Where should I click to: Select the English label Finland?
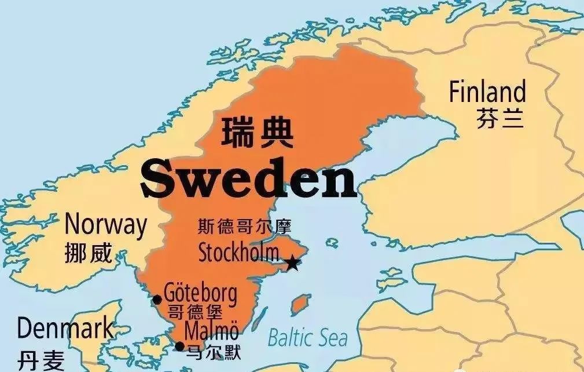coord(487,93)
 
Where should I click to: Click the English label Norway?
coord(105,225)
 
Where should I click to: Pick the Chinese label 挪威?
coord(89,253)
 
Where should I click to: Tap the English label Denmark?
coord(65,329)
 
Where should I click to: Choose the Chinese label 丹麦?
coord(41,361)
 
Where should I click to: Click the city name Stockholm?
coord(238,253)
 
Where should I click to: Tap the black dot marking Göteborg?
coord(156,300)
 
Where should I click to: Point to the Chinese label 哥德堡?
coord(195,312)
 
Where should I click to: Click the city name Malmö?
coord(211,331)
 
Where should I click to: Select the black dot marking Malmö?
coord(179,347)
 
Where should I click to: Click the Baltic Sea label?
coord(307,337)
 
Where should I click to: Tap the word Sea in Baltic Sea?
coord(331,337)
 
